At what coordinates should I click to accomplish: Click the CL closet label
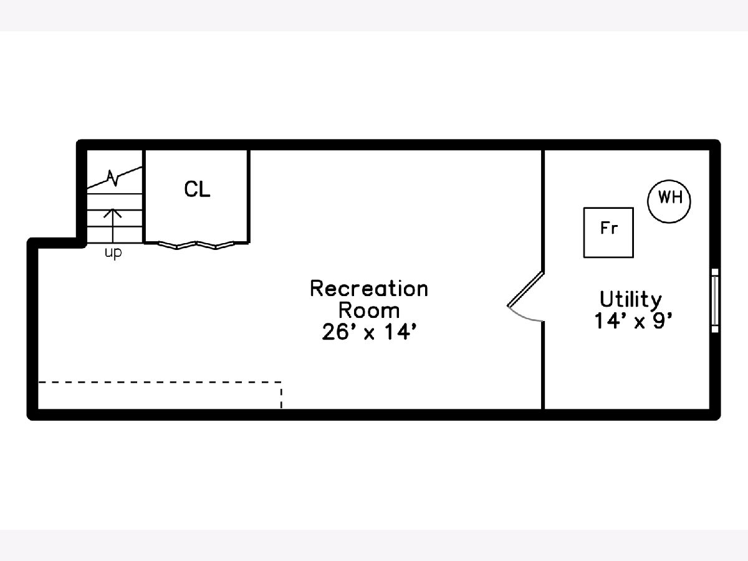coord(197,189)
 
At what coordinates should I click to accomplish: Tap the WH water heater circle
coord(669,199)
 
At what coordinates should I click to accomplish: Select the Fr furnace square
coord(608,233)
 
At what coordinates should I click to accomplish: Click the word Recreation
coord(369,289)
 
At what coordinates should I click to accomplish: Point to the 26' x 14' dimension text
coord(369,332)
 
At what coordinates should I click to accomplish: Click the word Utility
coord(631,299)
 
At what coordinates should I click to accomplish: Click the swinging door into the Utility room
coord(526,290)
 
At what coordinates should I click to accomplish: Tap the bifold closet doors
coord(197,244)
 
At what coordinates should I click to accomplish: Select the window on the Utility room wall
coord(715,300)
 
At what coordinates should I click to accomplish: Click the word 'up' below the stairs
coord(113,254)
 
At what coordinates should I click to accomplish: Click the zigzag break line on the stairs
coord(113,178)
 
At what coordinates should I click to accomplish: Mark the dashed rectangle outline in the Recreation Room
coord(160,381)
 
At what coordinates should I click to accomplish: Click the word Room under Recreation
coord(369,310)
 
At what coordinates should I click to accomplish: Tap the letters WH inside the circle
coord(669,199)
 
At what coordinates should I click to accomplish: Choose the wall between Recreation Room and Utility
coord(544,368)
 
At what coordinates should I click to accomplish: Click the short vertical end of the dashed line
coord(281,395)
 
